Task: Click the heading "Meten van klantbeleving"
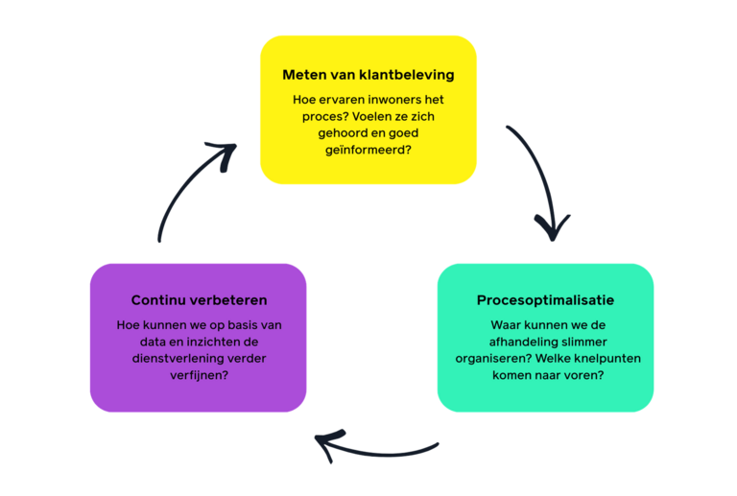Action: pyautogui.click(x=368, y=75)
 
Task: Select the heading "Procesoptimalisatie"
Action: pyautogui.click(x=545, y=300)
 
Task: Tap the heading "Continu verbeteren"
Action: pyautogui.click(x=199, y=300)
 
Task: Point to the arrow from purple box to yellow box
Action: pyautogui.click(x=192, y=187)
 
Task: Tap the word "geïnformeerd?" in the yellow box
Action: pyautogui.click(x=368, y=150)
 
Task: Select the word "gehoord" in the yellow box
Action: pyautogui.click(x=341, y=133)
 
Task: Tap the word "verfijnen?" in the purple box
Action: pyautogui.click(x=199, y=375)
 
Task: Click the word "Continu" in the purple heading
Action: pyautogui.click(x=159, y=300)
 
